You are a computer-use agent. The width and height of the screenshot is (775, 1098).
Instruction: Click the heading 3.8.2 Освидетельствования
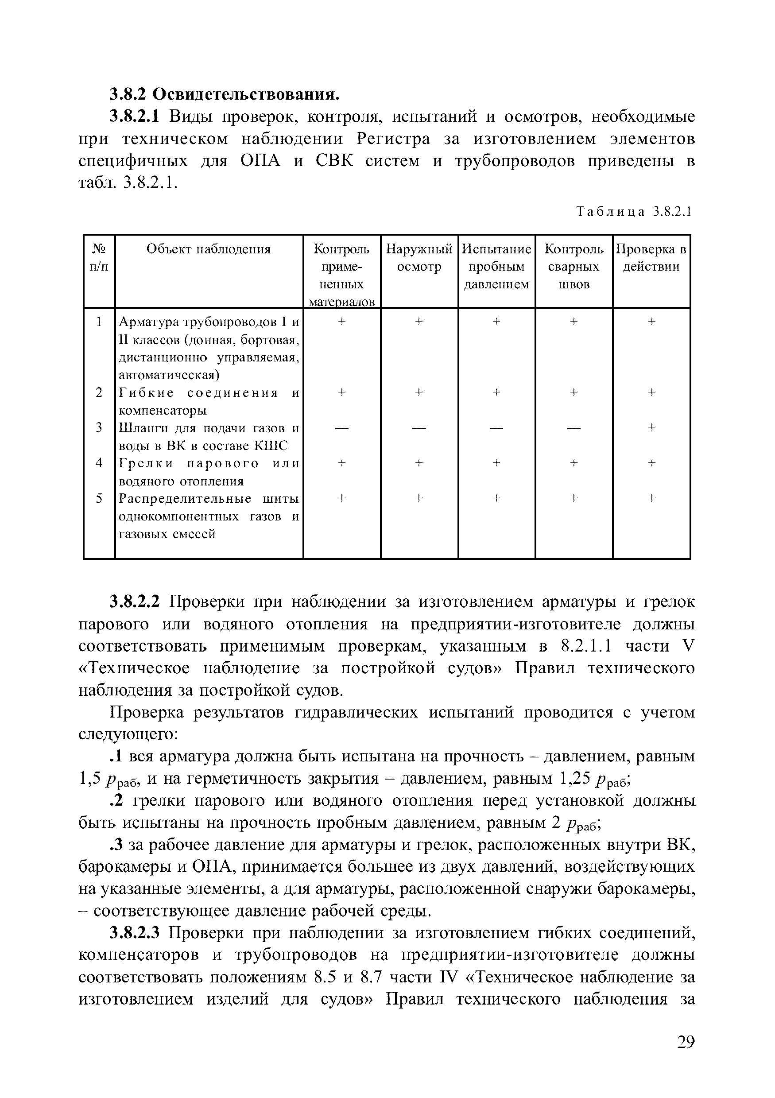(224, 94)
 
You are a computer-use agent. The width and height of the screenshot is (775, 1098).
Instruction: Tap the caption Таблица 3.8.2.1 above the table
(634, 211)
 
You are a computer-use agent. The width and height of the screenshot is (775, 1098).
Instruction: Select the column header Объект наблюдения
(209, 249)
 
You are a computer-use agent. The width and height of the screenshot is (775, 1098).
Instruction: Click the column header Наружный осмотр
(419, 258)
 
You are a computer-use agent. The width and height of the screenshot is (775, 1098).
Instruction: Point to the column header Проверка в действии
(651, 258)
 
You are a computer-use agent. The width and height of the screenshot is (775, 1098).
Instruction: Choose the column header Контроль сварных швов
(573, 266)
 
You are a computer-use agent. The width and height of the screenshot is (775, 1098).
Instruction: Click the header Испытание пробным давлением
(496, 266)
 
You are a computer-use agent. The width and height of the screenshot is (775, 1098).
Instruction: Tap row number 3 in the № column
(99, 427)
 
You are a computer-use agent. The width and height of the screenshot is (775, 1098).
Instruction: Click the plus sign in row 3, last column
(651, 427)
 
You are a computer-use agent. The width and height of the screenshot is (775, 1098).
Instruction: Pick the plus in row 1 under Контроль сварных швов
(573, 322)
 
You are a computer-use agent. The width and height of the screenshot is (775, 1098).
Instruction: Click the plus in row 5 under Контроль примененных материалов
(341, 498)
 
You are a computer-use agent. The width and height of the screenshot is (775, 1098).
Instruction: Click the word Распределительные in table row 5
(185, 499)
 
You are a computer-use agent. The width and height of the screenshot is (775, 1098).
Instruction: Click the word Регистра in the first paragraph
(393, 139)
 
